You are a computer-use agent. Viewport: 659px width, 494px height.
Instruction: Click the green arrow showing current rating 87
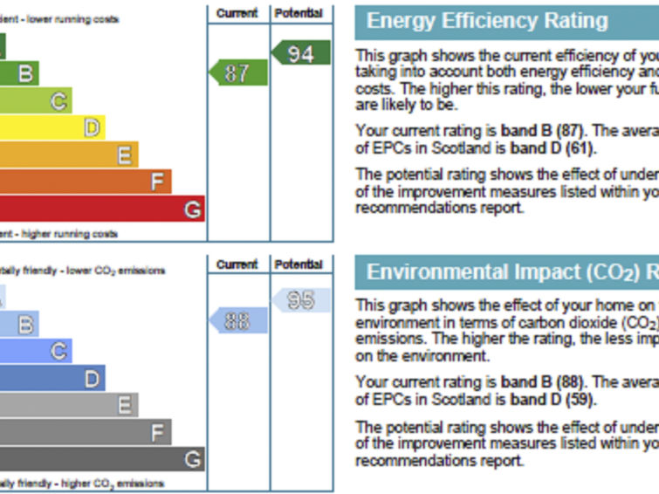(x=237, y=72)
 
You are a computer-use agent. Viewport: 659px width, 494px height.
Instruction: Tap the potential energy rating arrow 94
(x=300, y=53)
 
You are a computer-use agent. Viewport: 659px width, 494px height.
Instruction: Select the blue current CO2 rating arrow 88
(x=237, y=320)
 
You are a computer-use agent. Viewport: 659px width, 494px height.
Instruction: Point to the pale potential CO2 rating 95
(x=300, y=300)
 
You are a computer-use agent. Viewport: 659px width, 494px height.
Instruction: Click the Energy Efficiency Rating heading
(x=487, y=21)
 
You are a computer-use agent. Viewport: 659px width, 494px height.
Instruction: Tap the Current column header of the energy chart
(x=237, y=13)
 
